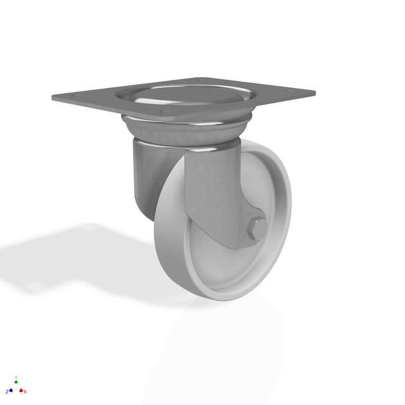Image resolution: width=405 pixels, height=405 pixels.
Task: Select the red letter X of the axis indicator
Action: click(x=25, y=392)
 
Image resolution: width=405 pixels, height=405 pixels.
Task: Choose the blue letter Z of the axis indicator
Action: click(x=6, y=392)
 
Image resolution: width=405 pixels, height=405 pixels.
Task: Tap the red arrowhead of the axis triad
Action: click(x=21, y=390)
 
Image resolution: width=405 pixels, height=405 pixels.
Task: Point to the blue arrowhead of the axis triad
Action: click(x=11, y=390)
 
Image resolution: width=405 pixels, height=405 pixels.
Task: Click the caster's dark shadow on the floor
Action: click(x=82, y=253)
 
